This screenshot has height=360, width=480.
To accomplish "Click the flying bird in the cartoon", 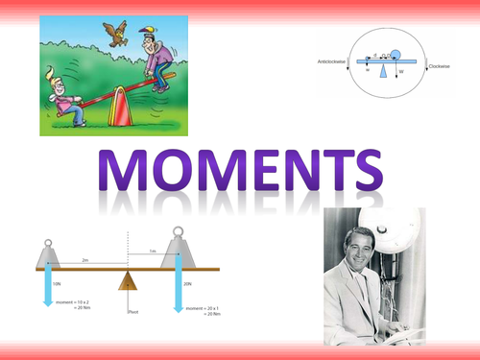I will (x=118, y=32).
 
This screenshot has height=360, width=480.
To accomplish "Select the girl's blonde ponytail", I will (x=48, y=72).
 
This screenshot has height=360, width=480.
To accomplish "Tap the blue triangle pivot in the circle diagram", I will (x=384, y=70).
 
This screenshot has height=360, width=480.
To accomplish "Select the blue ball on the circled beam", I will (x=396, y=52).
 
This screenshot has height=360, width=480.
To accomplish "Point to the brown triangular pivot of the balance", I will (x=128, y=280).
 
